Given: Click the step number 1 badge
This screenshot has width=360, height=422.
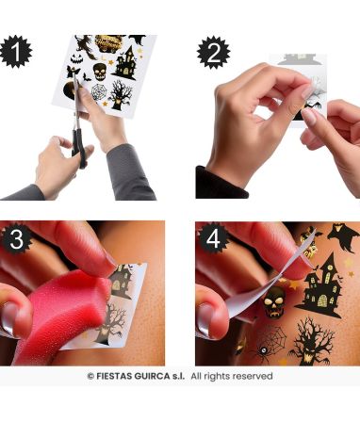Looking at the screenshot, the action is (16, 52).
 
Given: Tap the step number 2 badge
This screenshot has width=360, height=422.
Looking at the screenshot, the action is (214, 53).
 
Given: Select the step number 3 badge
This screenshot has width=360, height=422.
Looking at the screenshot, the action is (16, 239).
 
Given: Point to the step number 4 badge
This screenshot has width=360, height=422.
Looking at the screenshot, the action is (213, 238).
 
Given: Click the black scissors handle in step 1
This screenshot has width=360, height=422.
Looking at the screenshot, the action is (78, 148).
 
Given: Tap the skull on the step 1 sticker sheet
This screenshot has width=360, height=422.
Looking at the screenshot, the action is (100, 72).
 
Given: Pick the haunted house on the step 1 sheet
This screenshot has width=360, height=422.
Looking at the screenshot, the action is (125, 63).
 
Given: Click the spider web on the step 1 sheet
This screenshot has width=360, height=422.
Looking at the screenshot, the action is (99, 91).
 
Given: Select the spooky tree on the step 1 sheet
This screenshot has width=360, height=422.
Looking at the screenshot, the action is (121, 94).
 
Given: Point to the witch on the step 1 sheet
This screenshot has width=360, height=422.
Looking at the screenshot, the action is (86, 46).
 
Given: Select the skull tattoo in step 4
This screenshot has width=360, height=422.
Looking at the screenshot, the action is (274, 301).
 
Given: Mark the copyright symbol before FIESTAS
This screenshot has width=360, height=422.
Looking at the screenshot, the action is (90, 376).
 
